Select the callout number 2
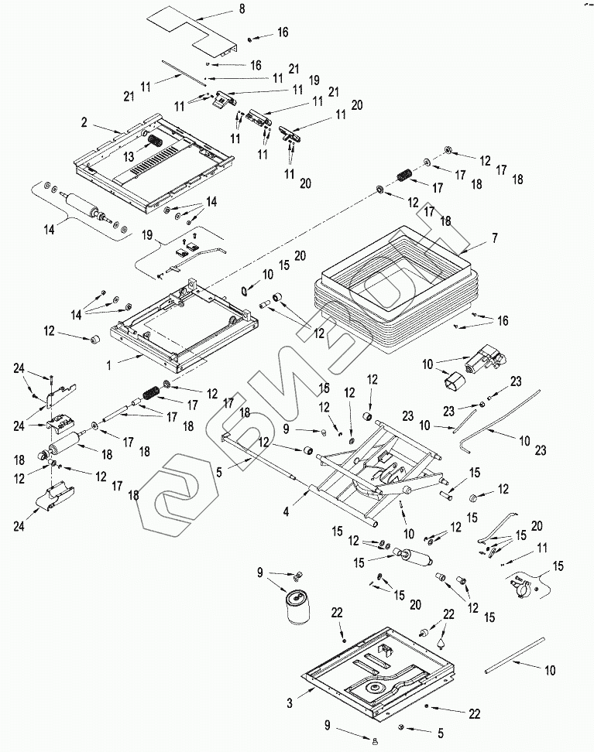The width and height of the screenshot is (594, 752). (84, 122)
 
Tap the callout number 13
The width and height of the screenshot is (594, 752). (129, 157)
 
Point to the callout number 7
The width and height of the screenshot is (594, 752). (495, 238)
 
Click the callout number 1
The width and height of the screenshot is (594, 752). (109, 365)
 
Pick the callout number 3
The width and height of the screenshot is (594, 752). (290, 704)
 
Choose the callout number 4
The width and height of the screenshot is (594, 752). (287, 512)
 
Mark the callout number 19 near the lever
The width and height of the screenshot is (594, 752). (147, 235)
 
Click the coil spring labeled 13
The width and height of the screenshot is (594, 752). (156, 142)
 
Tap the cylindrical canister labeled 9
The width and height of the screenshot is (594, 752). (297, 607)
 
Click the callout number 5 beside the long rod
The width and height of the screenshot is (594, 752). (219, 472)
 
